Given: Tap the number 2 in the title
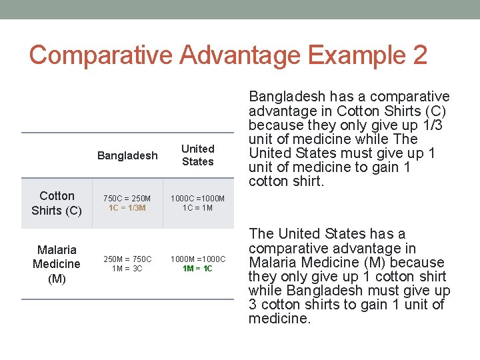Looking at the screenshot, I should click(x=419, y=55).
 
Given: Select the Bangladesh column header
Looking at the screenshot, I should click(x=127, y=155).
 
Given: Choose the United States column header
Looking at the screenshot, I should click(x=198, y=155).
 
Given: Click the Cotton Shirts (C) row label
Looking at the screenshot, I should click(x=57, y=203).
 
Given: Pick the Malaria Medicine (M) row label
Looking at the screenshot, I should click(x=57, y=264).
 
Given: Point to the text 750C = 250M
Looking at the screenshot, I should click(x=127, y=198).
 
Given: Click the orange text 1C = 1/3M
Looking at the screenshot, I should click(x=127, y=208).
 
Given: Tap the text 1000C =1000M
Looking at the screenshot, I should click(x=198, y=198).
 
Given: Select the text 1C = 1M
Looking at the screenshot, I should click(x=198, y=208).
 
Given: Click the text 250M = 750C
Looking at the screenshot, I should click(x=127, y=259).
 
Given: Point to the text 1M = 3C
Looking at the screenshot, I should click(x=127, y=269).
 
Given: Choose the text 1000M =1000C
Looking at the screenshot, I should click(x=198, y=259).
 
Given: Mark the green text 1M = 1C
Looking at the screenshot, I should click(x=198, y=269).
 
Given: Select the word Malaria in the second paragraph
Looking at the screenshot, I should click(x=272, y=262).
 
